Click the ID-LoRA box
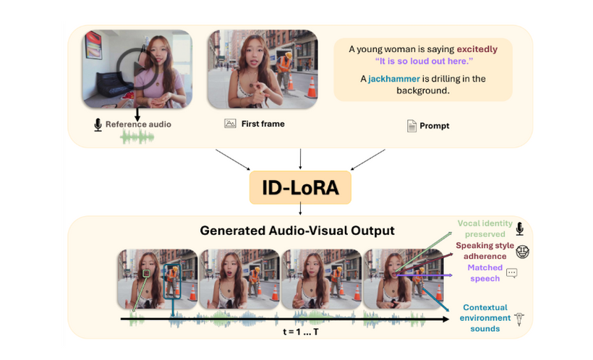pos(300,188)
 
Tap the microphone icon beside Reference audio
pos(98,125)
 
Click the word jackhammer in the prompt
pos(393,79)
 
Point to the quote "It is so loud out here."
pos(423,61)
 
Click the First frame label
pos(263,124)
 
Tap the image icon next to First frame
pos(230,124)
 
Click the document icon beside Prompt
pos(411,126)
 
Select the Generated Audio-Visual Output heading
pos(297,231)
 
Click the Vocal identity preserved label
pos(484,229)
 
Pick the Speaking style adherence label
pos(485,251)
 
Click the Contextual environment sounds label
pos(485,318)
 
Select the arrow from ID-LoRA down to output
pos(300,210)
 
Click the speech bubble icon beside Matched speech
pos(512,273)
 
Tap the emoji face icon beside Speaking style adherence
pos(523,252)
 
